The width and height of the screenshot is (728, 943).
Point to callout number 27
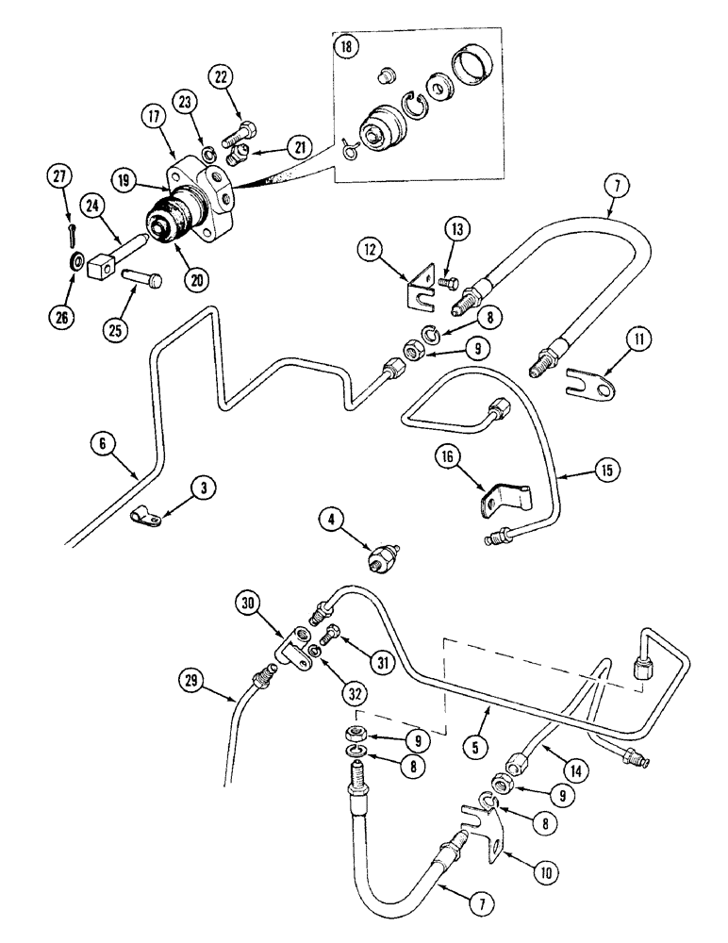[x=60, y=177]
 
